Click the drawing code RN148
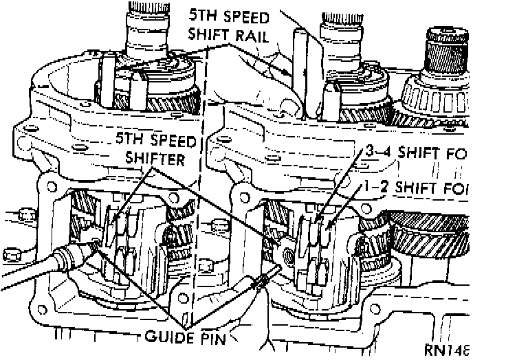tap(446, 350)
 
